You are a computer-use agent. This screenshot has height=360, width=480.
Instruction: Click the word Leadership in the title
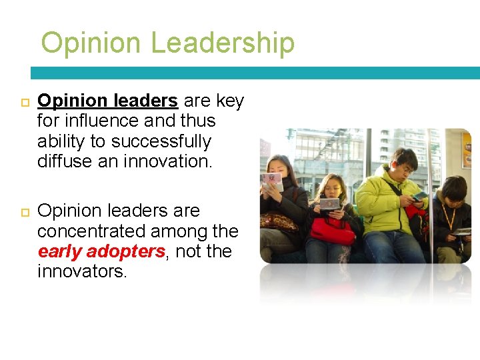[x=223, y=43]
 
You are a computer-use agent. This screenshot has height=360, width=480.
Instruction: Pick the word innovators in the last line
[x=81, y=272]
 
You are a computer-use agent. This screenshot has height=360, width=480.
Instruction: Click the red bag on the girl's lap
[x=331, y=230]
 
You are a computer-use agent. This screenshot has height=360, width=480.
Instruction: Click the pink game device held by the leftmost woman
[x=272, y=179]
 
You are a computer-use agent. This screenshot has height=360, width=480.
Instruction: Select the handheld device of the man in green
[x=421, y=196]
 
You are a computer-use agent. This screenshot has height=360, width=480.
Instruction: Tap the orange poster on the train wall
[x=467, y=150]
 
